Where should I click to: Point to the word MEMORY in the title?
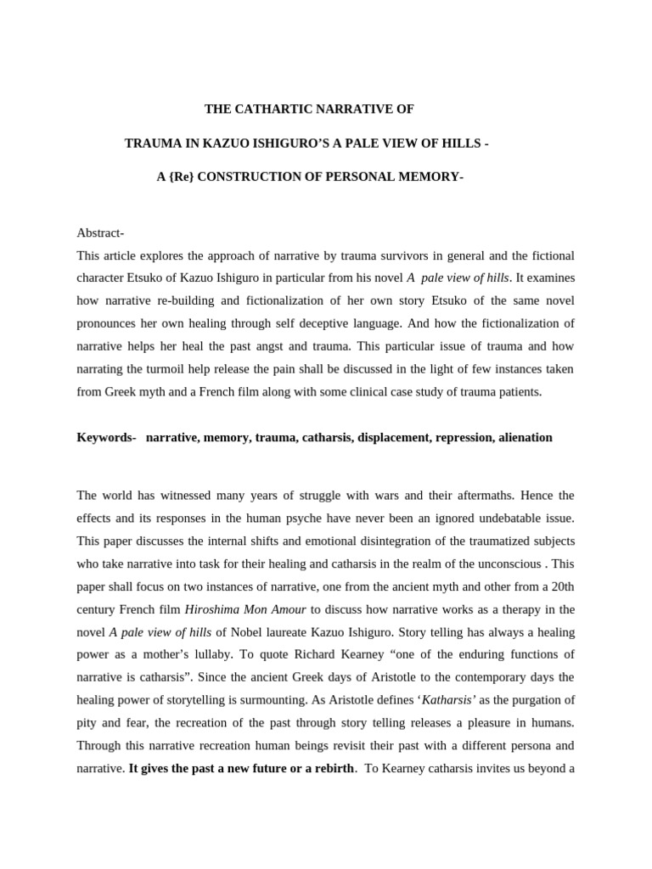427,177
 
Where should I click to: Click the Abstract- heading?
100,233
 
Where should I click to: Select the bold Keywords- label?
106,437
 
